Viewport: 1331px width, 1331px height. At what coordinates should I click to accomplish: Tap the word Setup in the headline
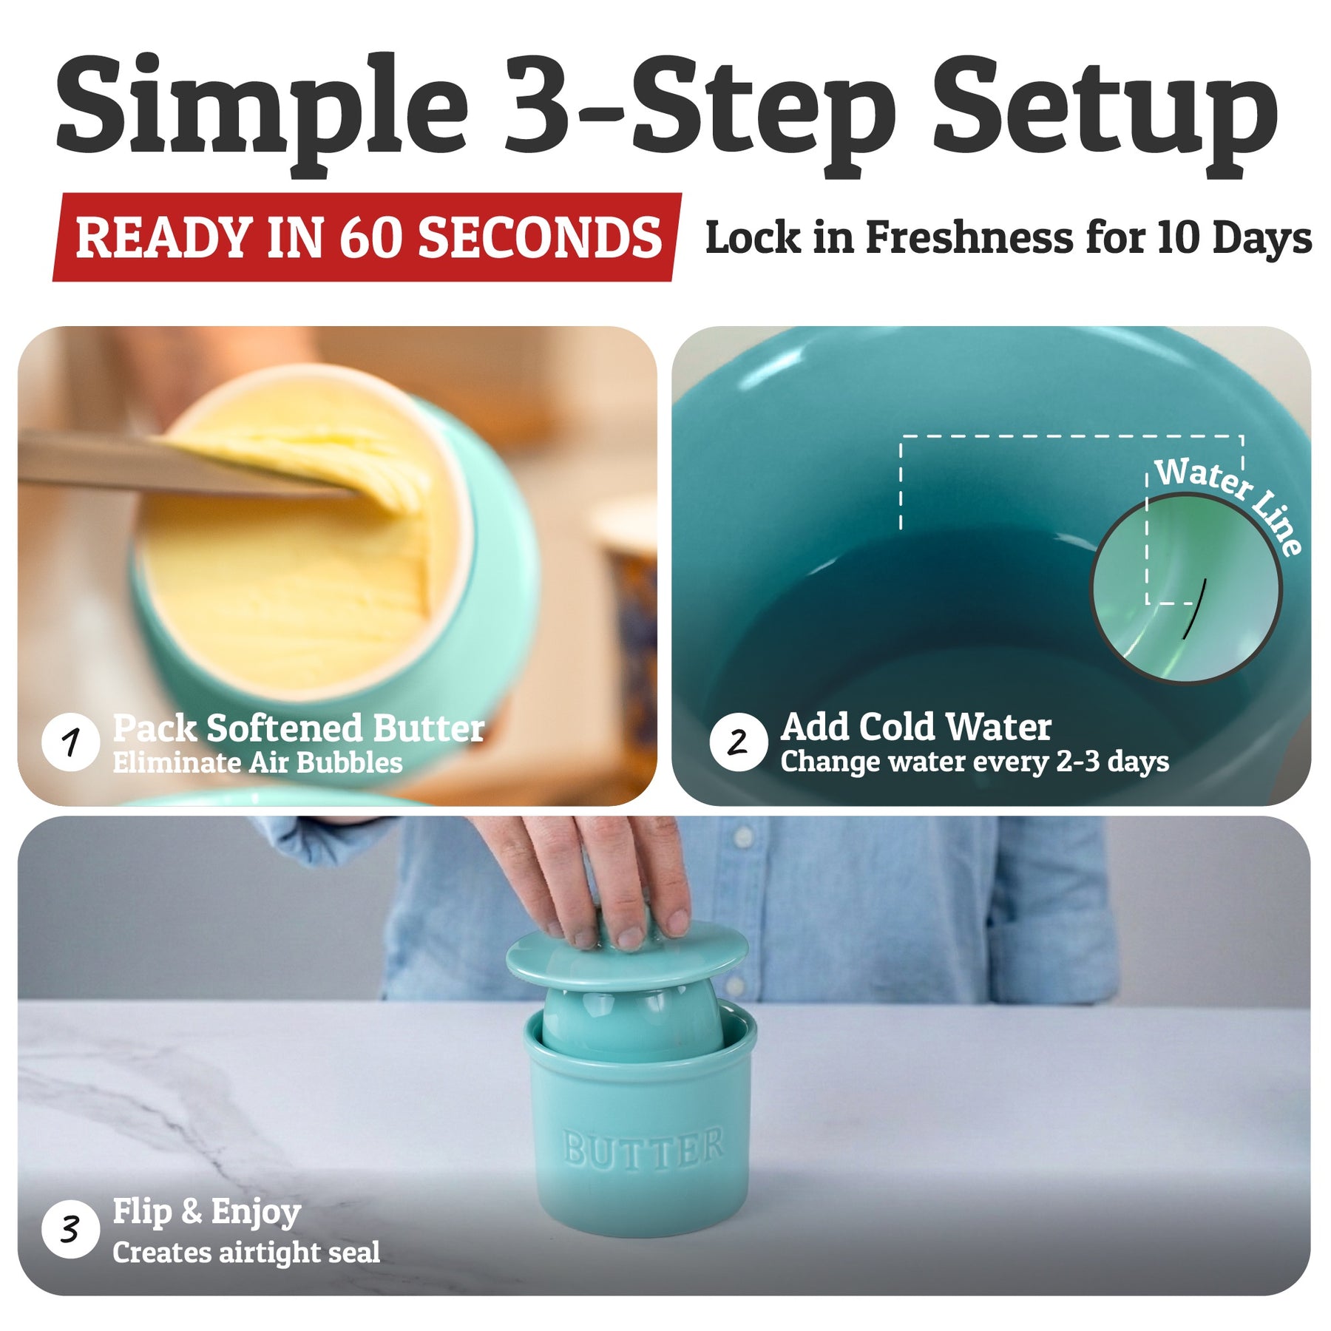[1105, 111]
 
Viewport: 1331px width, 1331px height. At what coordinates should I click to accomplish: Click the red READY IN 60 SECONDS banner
[368, 237]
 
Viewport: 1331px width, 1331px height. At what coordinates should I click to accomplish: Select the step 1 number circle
[71, 742]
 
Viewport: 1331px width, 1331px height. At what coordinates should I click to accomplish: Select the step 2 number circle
[738, 742]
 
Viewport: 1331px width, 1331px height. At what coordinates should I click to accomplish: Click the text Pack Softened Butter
[299, 728]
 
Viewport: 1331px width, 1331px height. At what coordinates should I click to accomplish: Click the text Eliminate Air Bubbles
[257, 762]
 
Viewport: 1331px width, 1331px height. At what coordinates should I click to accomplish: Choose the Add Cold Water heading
[916, 727]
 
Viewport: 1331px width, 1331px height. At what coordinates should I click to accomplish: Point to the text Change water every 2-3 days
[975, 762]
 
